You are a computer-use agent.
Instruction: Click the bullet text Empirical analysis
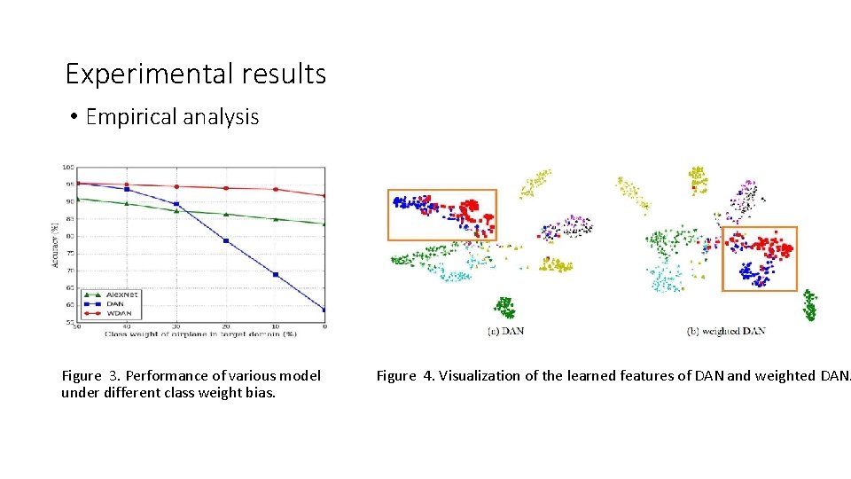coord(172,117)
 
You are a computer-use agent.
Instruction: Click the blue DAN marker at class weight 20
coord(226,240)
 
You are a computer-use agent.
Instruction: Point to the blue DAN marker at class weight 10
coord(276,275)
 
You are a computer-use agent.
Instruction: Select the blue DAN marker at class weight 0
coord(324,310)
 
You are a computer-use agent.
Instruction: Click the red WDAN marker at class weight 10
coord(276,189)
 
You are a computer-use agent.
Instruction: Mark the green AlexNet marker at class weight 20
coord(226,214)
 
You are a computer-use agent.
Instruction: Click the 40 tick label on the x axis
coord(127,327)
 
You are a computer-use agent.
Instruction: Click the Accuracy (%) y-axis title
coord(56,244)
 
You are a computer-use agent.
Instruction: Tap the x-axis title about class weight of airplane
coord(200,334)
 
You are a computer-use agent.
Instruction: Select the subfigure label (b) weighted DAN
coord(725,331)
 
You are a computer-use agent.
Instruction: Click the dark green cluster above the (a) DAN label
coord(504,307)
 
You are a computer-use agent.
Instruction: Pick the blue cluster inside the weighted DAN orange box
coord(751,272)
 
